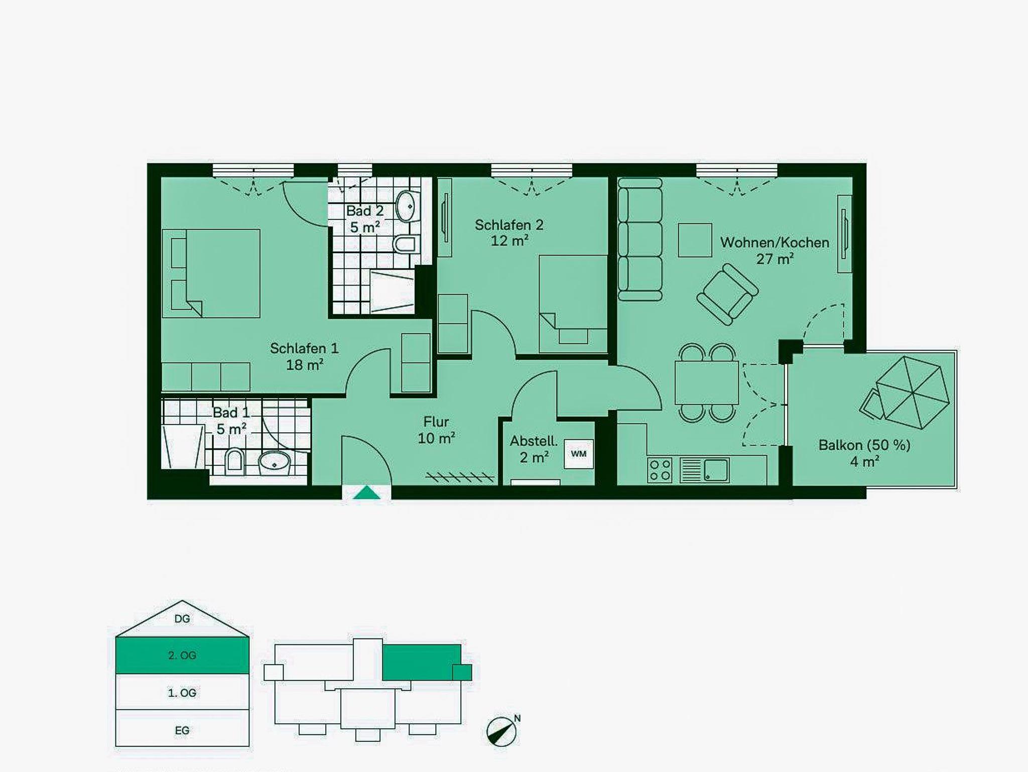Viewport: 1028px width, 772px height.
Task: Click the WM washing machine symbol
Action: click(579, 454)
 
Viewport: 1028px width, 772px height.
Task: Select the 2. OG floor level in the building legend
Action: click(182, 655)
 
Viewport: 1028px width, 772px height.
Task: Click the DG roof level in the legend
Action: click(182, 619)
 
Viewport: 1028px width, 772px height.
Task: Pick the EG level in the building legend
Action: click(182, 730)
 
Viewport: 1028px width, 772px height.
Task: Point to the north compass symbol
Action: click(502, 731)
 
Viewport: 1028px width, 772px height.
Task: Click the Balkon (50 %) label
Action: click(864, 445)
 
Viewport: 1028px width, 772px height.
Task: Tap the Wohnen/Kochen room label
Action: click(775, 242)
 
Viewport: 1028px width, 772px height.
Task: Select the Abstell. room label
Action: click(534, 441)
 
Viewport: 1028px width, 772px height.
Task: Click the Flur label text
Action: click(436, 422)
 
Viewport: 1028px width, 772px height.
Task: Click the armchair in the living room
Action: click(727, 294)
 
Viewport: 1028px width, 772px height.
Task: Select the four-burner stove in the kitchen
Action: click(660, 470)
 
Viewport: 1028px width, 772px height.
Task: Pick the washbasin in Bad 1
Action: click(275, 463)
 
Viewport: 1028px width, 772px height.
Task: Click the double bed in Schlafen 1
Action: click(211, 274)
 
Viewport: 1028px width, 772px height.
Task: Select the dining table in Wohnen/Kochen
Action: click(706, 382)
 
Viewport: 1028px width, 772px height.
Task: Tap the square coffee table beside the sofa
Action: click(695, 240)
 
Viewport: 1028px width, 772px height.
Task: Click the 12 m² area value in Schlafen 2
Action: click(509, 241)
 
